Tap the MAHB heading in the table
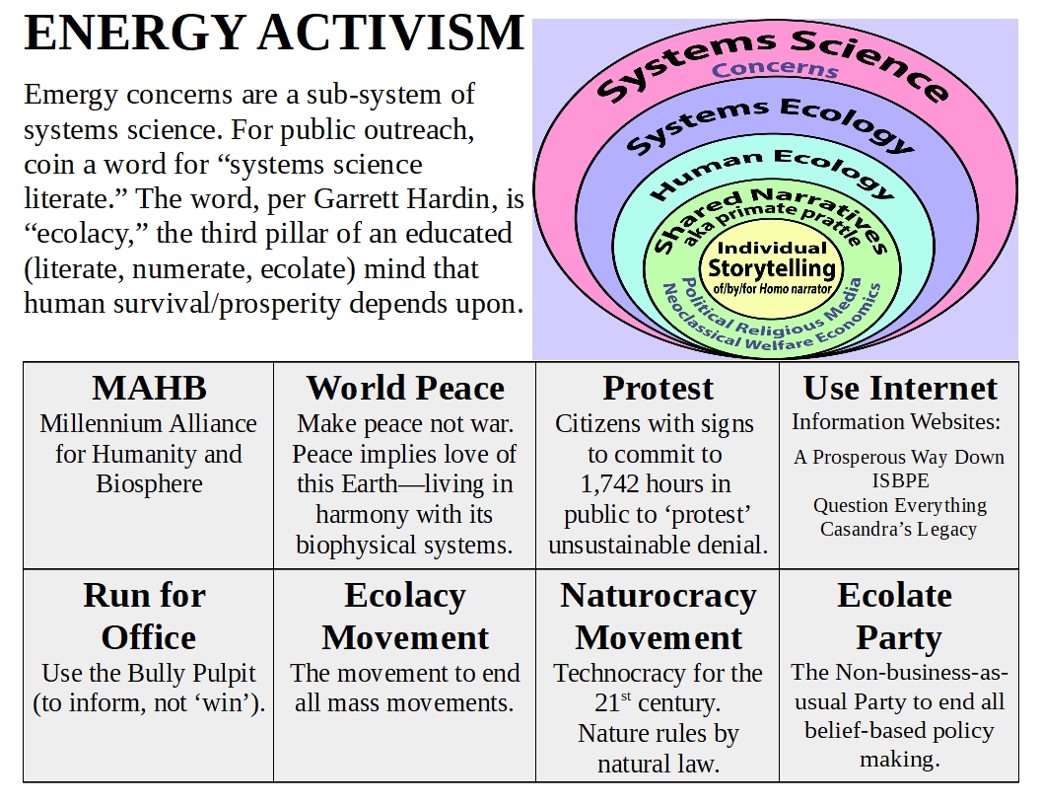pyautogui.click(x=150, y=388)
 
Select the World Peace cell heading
pyautogui.click(x=405, y=388)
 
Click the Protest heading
pyautogui.click(x=658, y=388)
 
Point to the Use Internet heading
pyautogui.click(x=900, y=388)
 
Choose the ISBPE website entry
pyautogui.click(x=900, y=480)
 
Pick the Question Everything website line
pyautogui.click(x=900, y=505)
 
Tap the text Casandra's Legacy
pyautogui.click(x=898, y=530)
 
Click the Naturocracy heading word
pyautogui.click(x=658, y=596)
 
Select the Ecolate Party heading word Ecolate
pyautogui.click(x=894, y=595)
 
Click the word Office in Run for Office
pyautogui.click(x=149, y=637)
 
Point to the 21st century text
pyautogui.click(x=658, y=702)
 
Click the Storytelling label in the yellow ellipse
pyautogui.click(x=772, y=269)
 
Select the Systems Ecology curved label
pyautogui.click(x=770, y=124)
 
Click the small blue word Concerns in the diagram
pyautogui.click(x=775, y=69)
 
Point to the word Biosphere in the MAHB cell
pyautogui.click(x=150, y=484)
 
